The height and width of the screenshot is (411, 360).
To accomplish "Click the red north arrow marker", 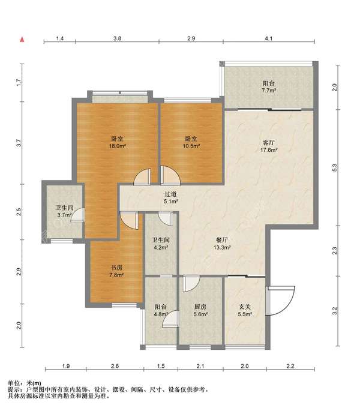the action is click(22, 40).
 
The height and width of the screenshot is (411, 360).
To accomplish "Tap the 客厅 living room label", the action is click(269, 143).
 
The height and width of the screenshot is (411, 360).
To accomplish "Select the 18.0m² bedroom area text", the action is click(118, 146).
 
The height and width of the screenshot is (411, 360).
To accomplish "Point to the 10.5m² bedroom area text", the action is click(191, 146).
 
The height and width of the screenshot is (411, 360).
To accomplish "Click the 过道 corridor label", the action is click(170, 194).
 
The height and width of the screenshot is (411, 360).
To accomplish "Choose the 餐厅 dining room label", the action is click(222, 240).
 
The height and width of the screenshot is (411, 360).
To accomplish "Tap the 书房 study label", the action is click(116, 268).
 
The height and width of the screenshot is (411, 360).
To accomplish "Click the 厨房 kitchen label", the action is click(200, 307).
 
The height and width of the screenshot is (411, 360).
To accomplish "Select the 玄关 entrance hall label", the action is click(245, 307).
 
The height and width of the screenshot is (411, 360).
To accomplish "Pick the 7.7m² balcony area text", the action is click(269, 91).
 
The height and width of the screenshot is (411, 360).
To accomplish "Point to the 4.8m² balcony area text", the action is click(161, 314).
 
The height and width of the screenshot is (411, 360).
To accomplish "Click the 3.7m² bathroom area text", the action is click(65, 215).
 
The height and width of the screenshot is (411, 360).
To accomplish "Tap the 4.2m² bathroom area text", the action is click(161, 247).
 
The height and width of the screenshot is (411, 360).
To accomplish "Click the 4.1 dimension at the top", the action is click(269, 38).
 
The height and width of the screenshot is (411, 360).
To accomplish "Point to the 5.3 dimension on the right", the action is click(335, 167).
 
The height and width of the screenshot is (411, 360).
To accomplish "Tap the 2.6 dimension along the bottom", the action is click(115, 366).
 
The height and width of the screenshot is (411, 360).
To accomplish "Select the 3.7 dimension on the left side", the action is click(19, 143).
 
